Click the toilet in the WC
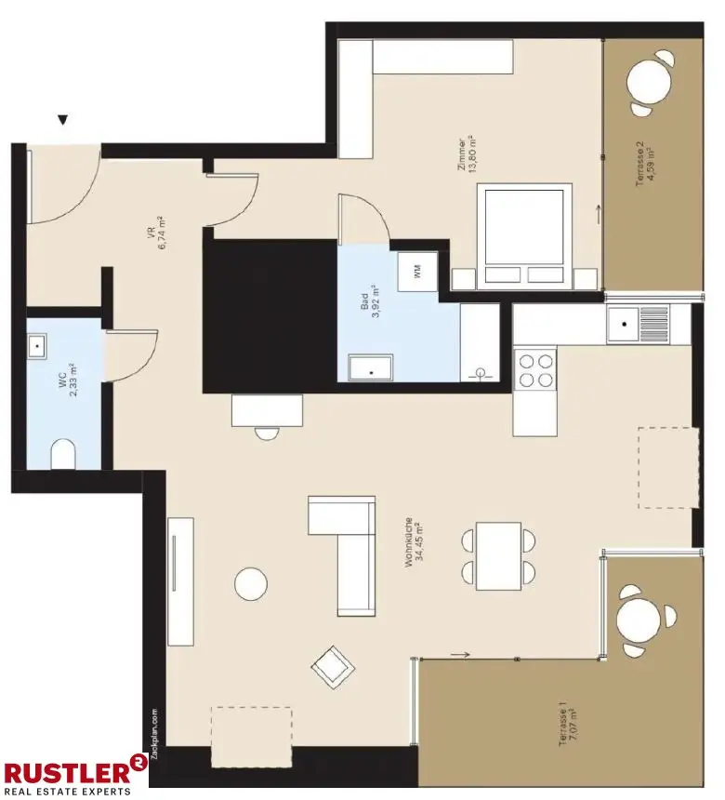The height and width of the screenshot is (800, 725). click(x=63, y=454)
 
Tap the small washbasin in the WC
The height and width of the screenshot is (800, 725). click(x=37, y=347)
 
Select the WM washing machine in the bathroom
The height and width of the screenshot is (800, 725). click(x=417, y=272)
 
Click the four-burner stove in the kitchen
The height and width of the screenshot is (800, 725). click(x=534, y=367)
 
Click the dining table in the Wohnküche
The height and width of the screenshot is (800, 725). click(x=498, y=555)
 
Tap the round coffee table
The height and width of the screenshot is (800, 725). click(x=251, y=583)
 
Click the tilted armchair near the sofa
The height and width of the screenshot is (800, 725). click(x=332, y=666)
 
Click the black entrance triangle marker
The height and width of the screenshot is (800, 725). click(x=63, y=120)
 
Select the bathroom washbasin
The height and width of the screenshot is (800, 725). click(x=371, y=368)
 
